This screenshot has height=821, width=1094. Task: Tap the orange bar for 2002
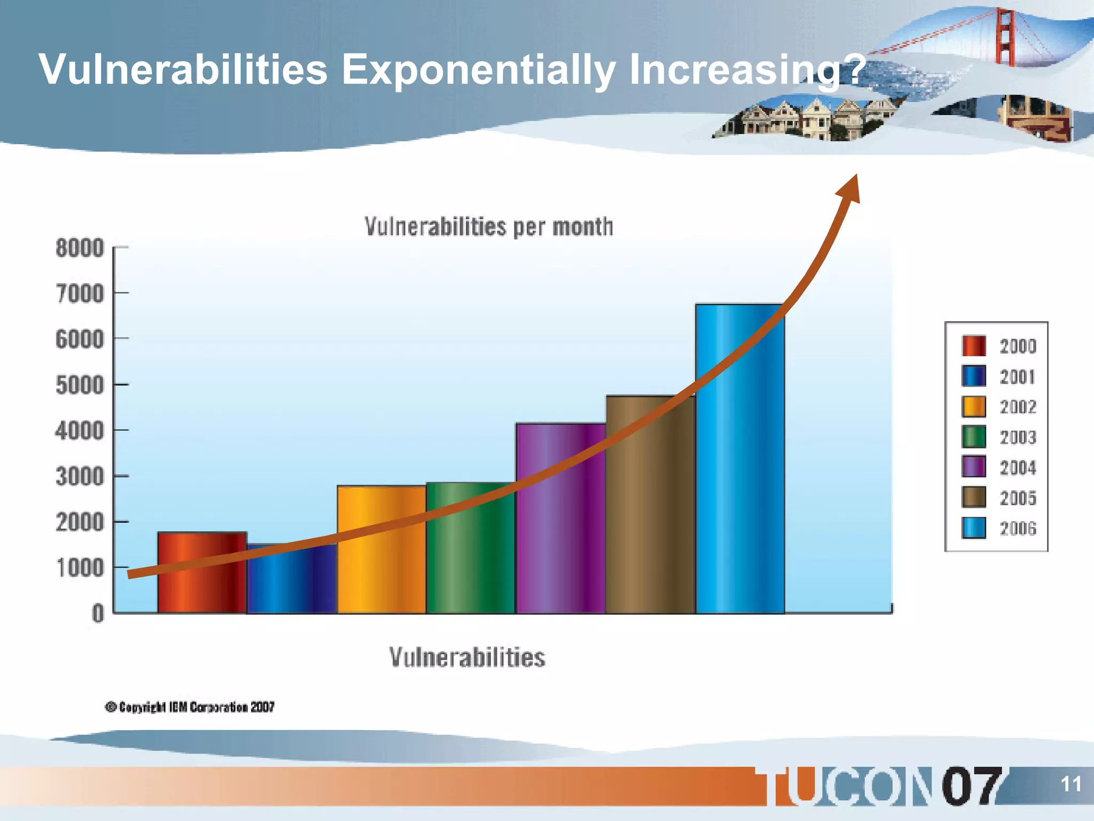pyautogui.click(x=381, y=556)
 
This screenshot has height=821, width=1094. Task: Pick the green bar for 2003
pyautogui.click(x=471, y=561)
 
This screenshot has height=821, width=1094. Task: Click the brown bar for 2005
pyautogui.click(x=650, y=513)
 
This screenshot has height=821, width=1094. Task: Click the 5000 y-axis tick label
pyautogui.click(x=80, y=385)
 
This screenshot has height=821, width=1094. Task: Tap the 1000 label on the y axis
pyautogui.click(x=80, y=568)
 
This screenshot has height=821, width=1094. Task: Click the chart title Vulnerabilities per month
pyautogui.click(x=488, y=227)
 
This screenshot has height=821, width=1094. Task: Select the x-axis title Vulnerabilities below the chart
pyautogui.click(x=467, y=657)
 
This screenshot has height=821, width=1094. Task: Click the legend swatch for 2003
pyautogui.click(x=973, y=437)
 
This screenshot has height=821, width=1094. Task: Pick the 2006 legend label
pyautogui.click(x=1018, y=529)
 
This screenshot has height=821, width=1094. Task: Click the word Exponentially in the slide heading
pyautogui.click(x=478, y=69)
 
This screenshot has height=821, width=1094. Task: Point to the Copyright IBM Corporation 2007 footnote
pyautogui.click(x=190, y=707)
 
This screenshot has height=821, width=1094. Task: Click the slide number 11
pyautogui.click(x=1070, y=784)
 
